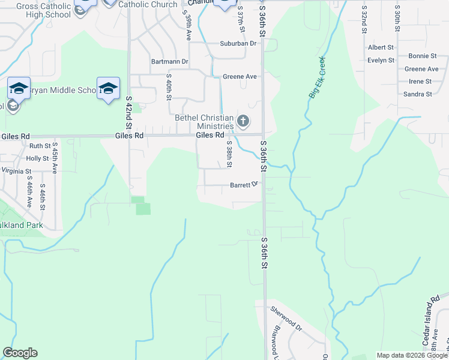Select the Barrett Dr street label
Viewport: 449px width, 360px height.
(244, 185)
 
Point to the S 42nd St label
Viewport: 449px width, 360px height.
(128, 113)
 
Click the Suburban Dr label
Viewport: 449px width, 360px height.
(238, 43)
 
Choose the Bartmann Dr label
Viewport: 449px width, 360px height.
(170, 61)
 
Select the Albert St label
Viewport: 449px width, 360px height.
(381, 47)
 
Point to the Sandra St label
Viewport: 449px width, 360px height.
(417, 94)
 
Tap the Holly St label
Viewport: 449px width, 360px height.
(37, 158)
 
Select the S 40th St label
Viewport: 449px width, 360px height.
(170, 87)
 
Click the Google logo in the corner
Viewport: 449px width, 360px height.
(20, 353)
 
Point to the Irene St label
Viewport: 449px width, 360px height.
(420, 82)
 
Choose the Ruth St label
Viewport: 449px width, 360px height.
(40, 146)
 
